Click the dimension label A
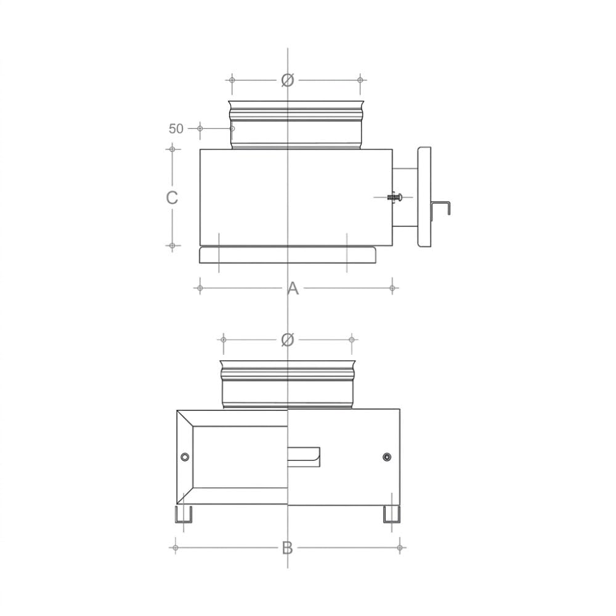tap(293, 288)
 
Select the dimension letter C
tap(172, 198)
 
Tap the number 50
tap(176, 129)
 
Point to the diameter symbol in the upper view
tap(288, 80)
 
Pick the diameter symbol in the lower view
tap(288, 339)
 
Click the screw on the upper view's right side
tap(394, 197)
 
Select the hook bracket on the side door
tap(441, 208)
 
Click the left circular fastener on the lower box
tap(185, 457)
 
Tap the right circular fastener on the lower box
tap(387, 457)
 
